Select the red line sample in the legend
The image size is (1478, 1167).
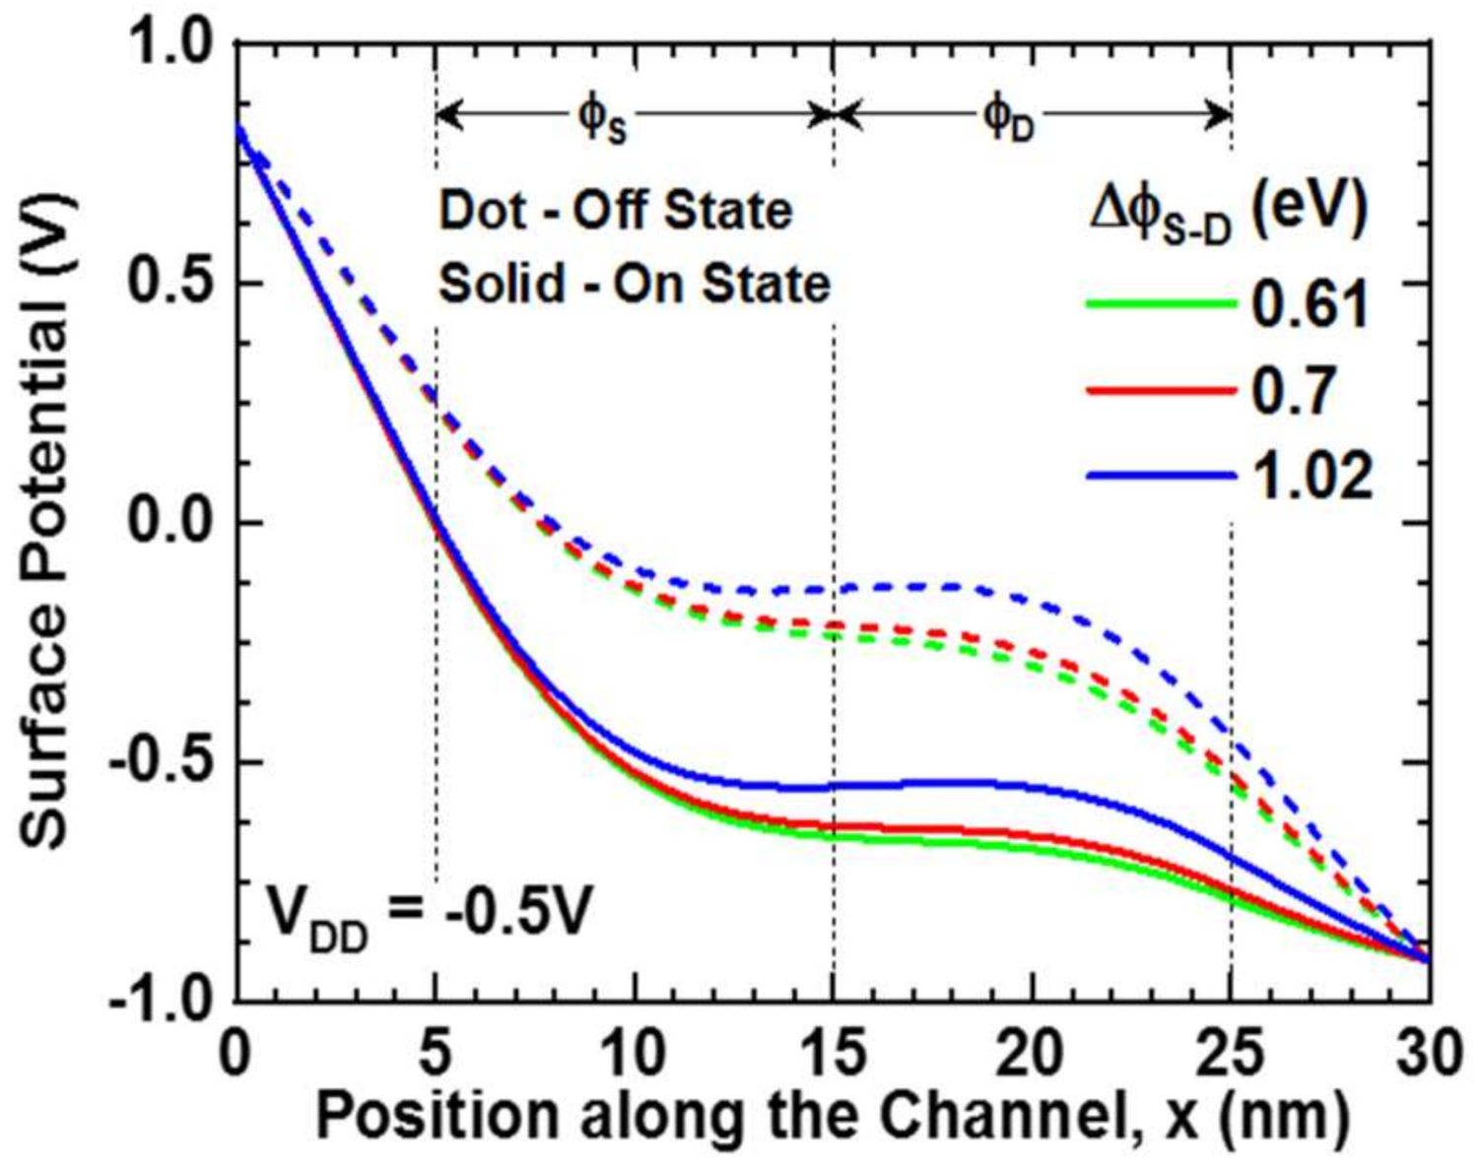(1161, 391)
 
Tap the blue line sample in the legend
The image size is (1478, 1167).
(1161, 477)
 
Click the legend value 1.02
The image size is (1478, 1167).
(1311, 477)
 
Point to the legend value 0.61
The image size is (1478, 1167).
(1310, 305)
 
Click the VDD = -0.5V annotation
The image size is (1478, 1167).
(430, 915)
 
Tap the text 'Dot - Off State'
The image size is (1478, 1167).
(616, 211)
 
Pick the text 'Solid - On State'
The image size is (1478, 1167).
(634, 285)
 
